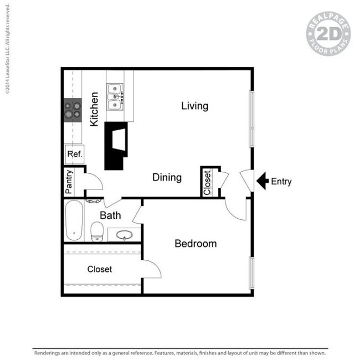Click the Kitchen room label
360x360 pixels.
point(94,109)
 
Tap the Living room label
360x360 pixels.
point(195,106)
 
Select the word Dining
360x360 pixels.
point(167,178)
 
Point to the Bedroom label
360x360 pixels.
point(196,244)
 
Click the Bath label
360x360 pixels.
point(110,215)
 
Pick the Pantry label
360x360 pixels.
point(69,182)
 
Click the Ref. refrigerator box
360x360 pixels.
point(75,154)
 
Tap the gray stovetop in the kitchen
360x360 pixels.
point(73,110)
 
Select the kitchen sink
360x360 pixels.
point(115,97)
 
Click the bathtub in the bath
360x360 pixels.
point(74,220)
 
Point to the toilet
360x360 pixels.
point(97,232)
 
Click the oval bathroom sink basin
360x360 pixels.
point(124,235)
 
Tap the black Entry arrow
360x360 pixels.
point(263,181)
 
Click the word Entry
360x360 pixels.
point(281,181)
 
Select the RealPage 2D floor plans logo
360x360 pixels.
point(328,34)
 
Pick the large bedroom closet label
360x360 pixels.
point(100,269)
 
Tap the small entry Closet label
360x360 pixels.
point(207,183)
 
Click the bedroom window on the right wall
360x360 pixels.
point(252,273)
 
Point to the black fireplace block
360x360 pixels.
point(116,146)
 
